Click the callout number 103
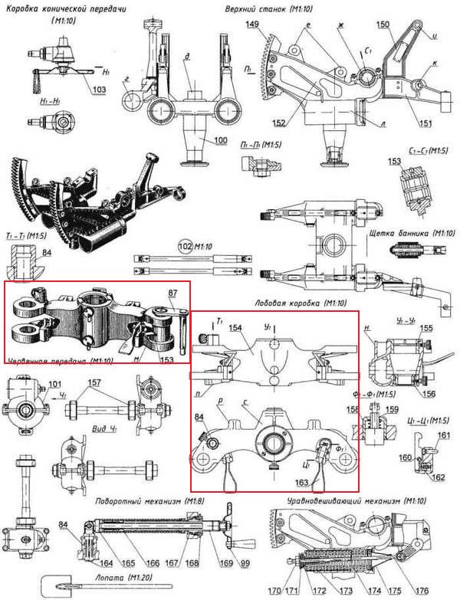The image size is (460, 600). [x=100, y=90]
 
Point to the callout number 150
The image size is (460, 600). [x=384, y=25]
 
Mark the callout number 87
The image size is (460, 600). [x=173, y=293]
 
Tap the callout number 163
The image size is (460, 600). [x=304, y=484]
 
